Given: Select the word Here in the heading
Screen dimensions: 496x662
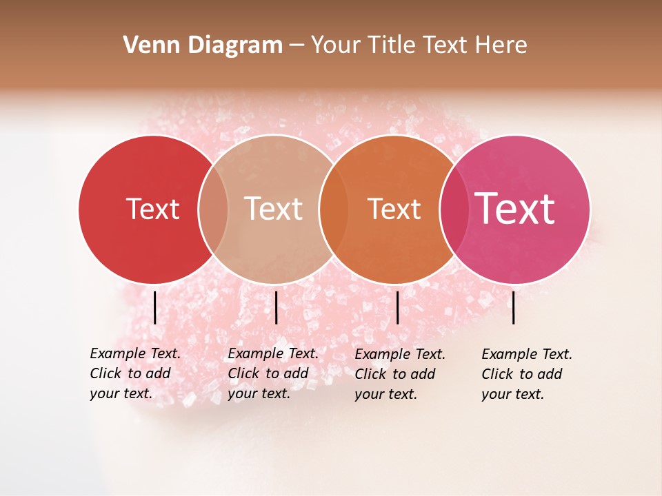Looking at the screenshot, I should [502, 45].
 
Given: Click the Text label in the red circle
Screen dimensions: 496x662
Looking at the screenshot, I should [152, 209].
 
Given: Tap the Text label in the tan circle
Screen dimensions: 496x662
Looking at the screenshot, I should [273, 209].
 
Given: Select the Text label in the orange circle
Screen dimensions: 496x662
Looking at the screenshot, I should [394, 209].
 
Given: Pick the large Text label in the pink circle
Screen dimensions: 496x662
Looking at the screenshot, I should [514, 209].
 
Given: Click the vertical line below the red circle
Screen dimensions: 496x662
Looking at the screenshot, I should [154, 307].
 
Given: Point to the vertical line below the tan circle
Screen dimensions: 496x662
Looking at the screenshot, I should [276, 307].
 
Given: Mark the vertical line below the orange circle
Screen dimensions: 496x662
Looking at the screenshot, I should [397, 307].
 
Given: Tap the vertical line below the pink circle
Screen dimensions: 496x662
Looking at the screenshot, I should [513, 307].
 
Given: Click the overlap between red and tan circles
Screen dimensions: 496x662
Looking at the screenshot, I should [213, 209].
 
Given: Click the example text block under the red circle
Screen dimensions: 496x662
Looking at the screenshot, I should [134, 373].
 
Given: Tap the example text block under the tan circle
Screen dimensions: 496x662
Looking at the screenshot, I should [272, 373].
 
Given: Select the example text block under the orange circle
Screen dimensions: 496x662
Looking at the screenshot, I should [399, 374].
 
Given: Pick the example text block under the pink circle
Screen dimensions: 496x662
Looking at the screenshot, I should [526, 374].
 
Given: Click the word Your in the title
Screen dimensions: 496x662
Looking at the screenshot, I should [336, 45].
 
